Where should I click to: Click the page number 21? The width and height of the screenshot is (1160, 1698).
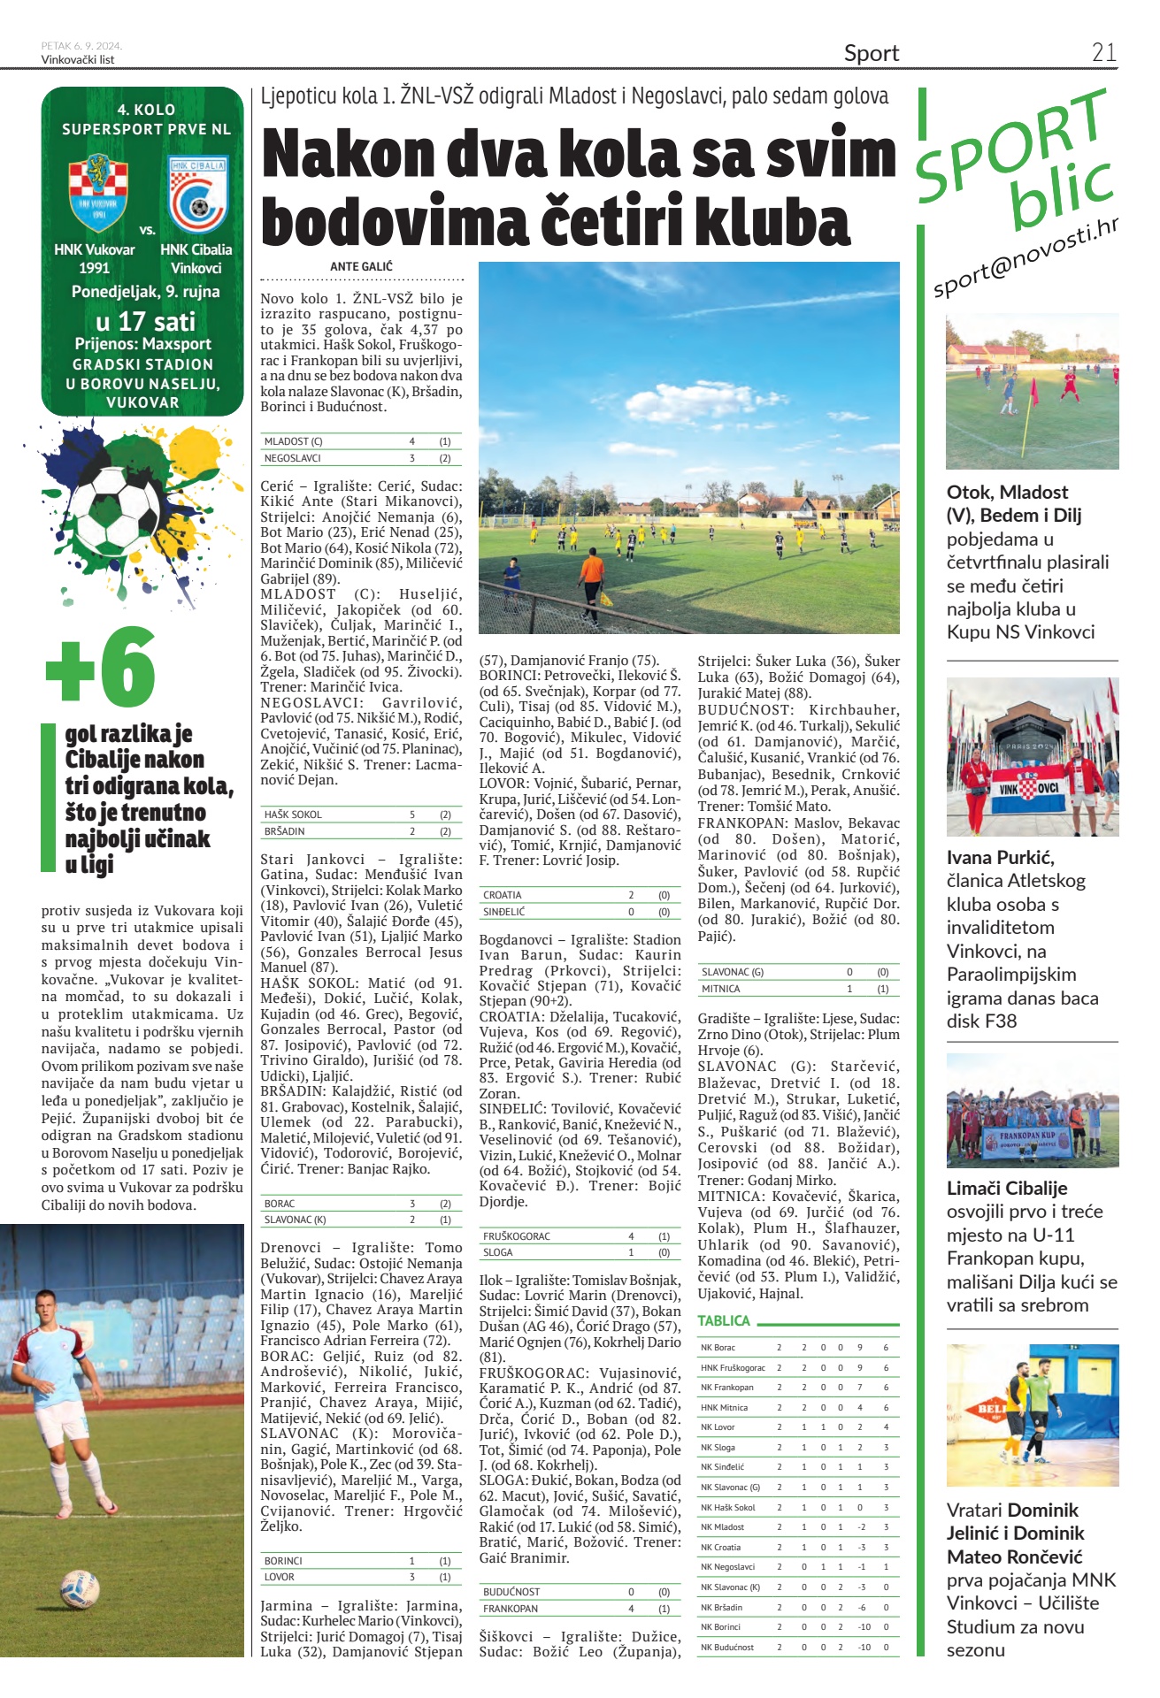click(x=1103, y=52)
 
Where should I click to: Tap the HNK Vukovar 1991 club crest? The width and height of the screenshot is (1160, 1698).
click(x=97, y=192)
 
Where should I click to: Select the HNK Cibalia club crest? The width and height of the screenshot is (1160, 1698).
click(x=197, y=194)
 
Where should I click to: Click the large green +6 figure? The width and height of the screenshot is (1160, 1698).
click(x=101, y=668)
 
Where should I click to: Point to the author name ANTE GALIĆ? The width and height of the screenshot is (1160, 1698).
click(x=361, y=266)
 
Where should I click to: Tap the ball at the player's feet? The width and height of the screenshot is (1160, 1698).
click(x=79, y=1588)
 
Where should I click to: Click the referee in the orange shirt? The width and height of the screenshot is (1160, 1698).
click(x=589, y=576)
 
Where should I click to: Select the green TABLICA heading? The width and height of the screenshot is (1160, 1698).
click(x=723, y=1320)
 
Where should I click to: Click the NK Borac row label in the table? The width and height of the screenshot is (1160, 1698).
click(x=718, y=1348)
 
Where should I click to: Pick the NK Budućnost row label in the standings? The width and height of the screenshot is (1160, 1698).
click(x=726, y=1647)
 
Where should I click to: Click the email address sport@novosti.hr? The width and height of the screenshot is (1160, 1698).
click(x=1026, y=256)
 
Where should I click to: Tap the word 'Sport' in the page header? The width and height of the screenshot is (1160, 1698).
click(x=871, y=53)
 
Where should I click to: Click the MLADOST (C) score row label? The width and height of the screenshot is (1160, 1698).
click(x=293, y=441)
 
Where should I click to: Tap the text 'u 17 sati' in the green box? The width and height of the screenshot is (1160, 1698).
click(x=146, y=321)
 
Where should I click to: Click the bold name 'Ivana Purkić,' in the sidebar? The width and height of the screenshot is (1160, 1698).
click(x=1000, y=857)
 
